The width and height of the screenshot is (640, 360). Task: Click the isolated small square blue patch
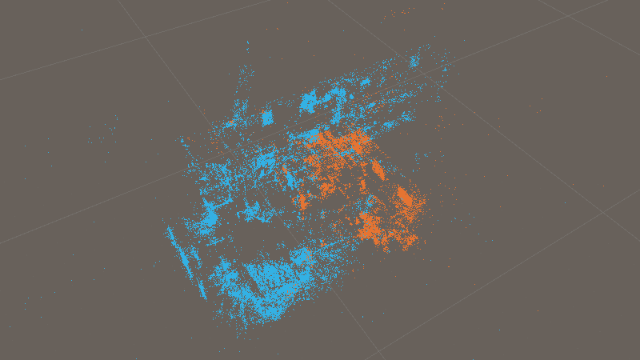tap(267, 118)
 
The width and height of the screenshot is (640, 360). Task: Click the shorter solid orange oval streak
tap(377, 170)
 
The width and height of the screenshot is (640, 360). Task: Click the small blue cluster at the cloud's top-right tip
tap(414, 60)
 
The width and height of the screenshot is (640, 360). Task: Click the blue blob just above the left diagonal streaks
tap(210, 216)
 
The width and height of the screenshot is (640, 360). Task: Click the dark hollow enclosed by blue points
tap(240, 240)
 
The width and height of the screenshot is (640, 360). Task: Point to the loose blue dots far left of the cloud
tap(100, 140)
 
